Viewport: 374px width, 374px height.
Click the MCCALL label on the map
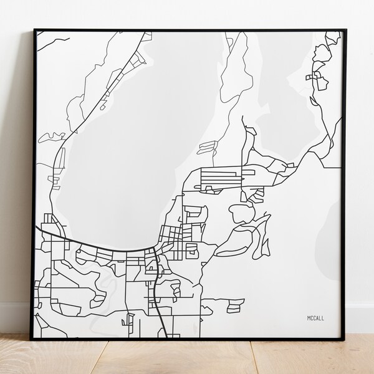[x=315, y=318]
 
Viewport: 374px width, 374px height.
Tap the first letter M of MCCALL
[x=308, y=318]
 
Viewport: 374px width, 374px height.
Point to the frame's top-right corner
[x=344, y=29]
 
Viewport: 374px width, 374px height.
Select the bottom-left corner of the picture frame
[x=31, y=339]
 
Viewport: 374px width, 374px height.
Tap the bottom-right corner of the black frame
[x=344, y=339]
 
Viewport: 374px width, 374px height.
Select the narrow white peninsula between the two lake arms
[x=234, y=87]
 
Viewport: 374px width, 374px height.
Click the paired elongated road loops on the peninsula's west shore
[x=208, y=147]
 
